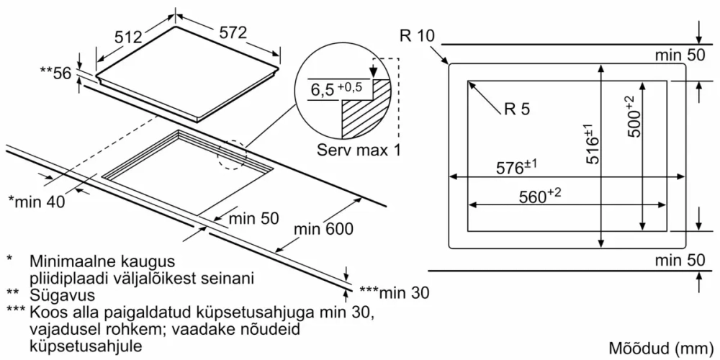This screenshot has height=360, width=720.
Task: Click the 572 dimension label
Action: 233,33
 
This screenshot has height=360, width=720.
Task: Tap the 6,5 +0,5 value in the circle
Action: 336,90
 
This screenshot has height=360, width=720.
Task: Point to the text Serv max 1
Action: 358,151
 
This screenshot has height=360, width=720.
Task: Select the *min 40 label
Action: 36,202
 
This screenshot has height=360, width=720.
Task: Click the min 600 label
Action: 324,230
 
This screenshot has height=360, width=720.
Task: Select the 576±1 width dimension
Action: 516,168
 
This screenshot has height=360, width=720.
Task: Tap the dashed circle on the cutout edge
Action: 232,153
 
